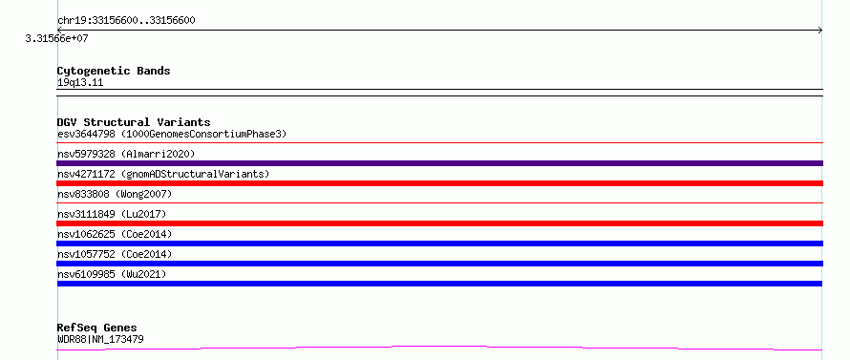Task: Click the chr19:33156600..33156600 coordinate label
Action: [x=126, y=21]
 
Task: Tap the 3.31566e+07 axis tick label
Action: [x=56, y=38]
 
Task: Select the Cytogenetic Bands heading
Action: [x=114, y=71]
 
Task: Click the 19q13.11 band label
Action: [x=80, y=83]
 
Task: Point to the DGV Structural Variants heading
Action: [x=134, y=122]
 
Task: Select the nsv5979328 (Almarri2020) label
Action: [x=126, y=154]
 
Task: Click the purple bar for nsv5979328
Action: [x=439, y=163]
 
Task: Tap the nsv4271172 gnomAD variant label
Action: [x=163, y=174]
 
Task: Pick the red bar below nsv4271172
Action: [x=439, y=183]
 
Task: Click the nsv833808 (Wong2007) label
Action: [x=115, y=194]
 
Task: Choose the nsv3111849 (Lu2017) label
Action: [x=112, y=214]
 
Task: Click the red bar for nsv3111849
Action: [x=439, y=223]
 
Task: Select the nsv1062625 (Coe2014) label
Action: [x=115, y=234]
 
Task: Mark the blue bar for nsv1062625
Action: [x=439, y=244]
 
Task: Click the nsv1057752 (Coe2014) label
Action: [x=115, y=254]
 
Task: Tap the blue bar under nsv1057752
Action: [x=439, y=264]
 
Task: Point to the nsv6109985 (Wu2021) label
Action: [x=112, y=274]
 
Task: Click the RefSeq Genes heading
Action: [x=97, y=328]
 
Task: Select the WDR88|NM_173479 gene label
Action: [x=100, y=340]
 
